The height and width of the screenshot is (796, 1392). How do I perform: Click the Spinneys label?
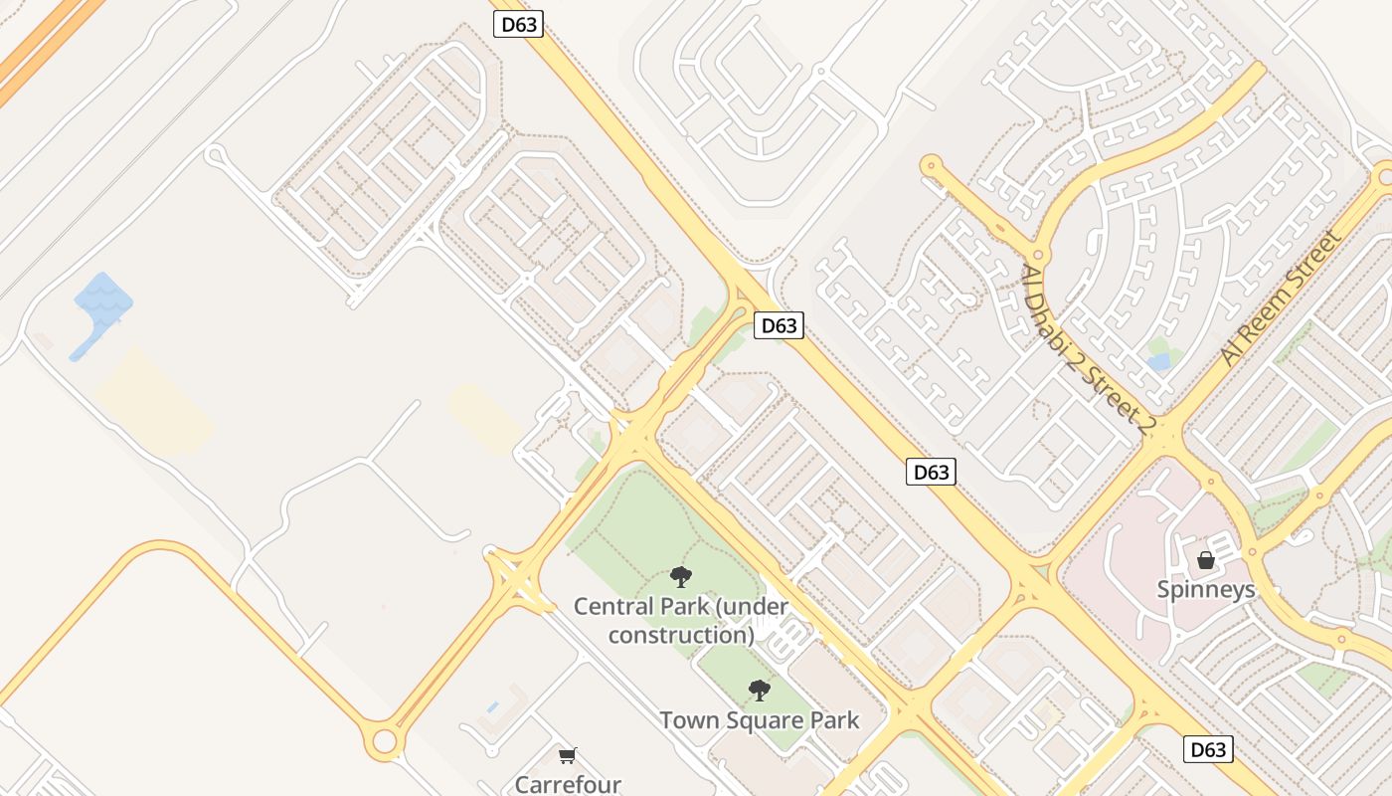coord(1205,589)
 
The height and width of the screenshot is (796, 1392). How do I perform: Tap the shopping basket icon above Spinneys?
coord(1205,560)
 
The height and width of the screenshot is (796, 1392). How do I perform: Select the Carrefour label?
coord(567,784)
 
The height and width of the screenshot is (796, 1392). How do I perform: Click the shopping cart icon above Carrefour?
coord(567,756)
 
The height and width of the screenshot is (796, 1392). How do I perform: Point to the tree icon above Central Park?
coord(681,576)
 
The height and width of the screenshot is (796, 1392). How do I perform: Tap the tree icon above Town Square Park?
coord(760,689)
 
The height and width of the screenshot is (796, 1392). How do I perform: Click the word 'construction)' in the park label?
coord(681,634)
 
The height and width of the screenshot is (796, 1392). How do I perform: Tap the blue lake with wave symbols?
coord(103,301)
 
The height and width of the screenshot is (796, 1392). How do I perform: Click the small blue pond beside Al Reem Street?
coord(1159,361)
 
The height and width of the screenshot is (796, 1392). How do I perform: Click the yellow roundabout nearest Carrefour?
coord(384,742)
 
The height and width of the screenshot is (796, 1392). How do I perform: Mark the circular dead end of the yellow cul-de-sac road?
coord(931,165)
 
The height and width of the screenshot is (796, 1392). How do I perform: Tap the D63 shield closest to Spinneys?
coord(1208,749)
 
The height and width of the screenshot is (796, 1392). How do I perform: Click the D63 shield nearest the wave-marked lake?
coord(519,24)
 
